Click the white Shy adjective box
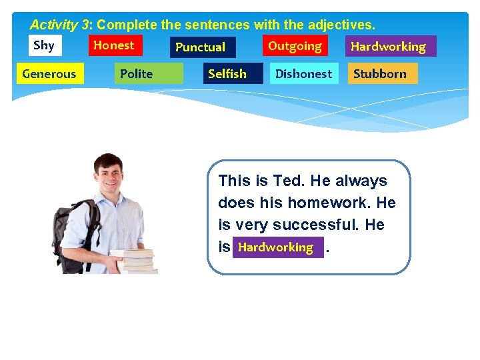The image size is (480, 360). coord(44,45)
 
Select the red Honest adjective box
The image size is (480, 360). coord(115,45)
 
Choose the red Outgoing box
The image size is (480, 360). coord(295,46)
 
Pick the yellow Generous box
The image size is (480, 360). coord(50,73)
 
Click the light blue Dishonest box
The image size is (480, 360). coord(304,73)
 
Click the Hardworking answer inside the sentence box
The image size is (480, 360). coord(277,247)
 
